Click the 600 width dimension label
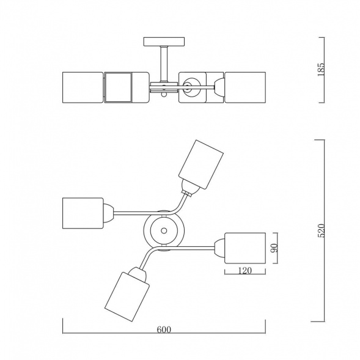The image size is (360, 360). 164,329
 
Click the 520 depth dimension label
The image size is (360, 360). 321,230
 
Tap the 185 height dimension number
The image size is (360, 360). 321,69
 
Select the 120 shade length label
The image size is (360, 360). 245,271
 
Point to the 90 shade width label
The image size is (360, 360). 274,248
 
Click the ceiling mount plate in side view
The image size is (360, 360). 164,42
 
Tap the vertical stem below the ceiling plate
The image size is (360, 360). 164,64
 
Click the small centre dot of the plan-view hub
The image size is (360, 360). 164,230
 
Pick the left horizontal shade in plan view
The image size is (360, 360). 83,213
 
